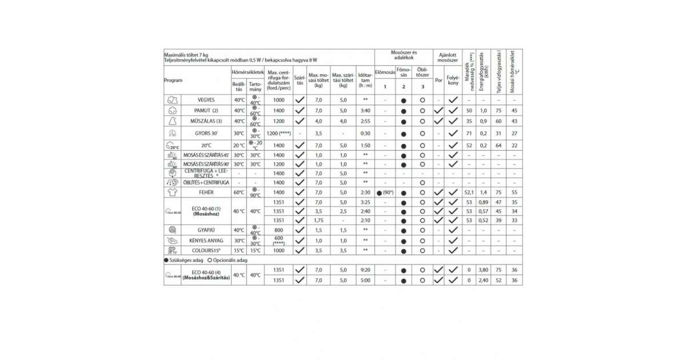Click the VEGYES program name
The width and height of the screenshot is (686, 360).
click(x=206, y=100)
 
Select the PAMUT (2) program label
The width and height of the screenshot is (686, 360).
click(x=206, y=110)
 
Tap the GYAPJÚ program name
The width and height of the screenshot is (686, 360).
click(x=206, y=230)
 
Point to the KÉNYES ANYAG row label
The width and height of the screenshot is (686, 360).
click(x=206, y=241)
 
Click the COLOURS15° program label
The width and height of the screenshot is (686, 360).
click(x=206, y=251)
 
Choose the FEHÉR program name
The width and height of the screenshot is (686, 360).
click(x=206, y=193)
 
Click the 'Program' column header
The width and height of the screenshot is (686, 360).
click(x=173, y=81)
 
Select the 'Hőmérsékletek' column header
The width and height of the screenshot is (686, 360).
click(x=248, y=73)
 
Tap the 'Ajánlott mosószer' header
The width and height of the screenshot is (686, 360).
click(x=447, y=56)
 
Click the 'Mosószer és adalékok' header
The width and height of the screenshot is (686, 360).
click(x=404, y=56)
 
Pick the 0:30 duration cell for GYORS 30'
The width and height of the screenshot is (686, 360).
click(x=365, y=133)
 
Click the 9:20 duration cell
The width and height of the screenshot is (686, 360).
click(x=365, y=270)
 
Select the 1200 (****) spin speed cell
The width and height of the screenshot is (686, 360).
click(x=278, y=133)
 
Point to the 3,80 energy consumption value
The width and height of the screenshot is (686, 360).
click(x=483, y=270)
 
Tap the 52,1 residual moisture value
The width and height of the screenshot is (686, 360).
click(x=469, y=193)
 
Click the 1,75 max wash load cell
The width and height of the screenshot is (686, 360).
click(x=318, y=221)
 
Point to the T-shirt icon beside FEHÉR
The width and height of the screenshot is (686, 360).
click(x=172, y=193)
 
